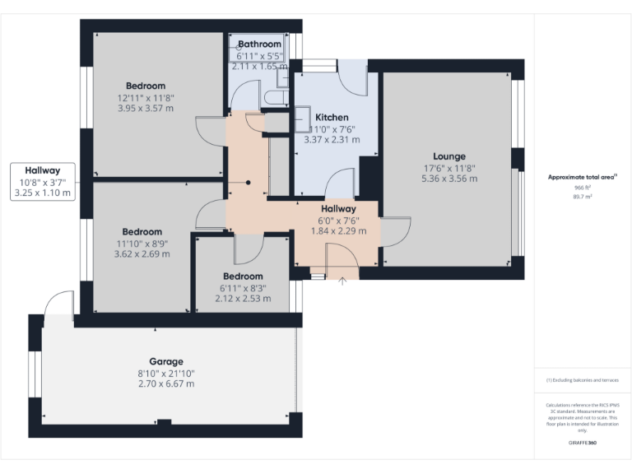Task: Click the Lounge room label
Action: point(449,156)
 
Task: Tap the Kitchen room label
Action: point(332,118)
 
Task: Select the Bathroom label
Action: point(259,44)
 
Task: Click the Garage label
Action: point(166,361)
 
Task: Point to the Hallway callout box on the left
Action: point(43,182)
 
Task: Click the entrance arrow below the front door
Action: point(343,281)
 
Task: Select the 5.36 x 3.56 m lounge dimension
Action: point(449,179)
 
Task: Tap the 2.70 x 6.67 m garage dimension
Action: point(166,383)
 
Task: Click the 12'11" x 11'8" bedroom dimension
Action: point(146,97)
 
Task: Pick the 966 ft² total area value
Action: point(583,188)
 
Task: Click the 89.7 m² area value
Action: point(583,197)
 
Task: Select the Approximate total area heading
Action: point(582,177)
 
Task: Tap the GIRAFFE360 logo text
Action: point(582,444)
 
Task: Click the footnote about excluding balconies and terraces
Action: point(582,380)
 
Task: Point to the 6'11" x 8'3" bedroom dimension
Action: point(243,287)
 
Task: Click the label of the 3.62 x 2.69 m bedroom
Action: point(142,232)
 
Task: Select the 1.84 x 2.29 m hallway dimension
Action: point(337,231)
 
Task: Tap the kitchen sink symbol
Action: point(302,115)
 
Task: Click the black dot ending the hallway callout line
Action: point(248,183)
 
